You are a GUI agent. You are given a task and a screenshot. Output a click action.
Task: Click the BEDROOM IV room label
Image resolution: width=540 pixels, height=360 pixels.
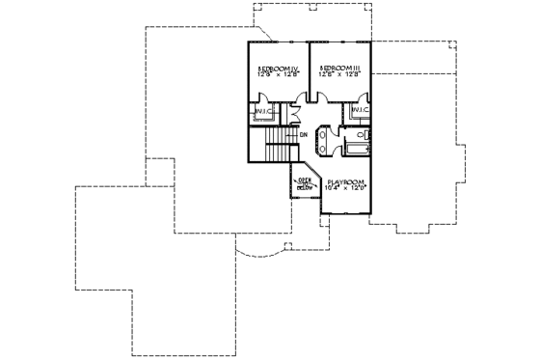click(x=278, y=69)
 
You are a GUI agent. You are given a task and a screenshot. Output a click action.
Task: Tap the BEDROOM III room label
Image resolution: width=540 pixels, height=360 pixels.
click(x=340, y=69)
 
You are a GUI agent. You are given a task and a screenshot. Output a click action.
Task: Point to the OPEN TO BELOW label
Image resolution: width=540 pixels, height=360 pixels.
click(x=304, y=183)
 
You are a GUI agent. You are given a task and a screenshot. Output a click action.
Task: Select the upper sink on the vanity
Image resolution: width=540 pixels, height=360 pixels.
click(x=324, y=136)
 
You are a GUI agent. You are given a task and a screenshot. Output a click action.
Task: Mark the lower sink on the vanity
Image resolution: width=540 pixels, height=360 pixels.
click(x=324, y=148)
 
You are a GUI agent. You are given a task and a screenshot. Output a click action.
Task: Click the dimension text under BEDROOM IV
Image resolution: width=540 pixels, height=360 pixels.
click(x=278, y=75)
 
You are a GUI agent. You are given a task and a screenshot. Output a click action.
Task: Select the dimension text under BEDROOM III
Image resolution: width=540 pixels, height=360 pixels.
click(x=340, y=75)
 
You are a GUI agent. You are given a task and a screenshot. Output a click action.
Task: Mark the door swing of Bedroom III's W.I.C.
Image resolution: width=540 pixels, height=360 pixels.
click(x=363, y=97)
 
